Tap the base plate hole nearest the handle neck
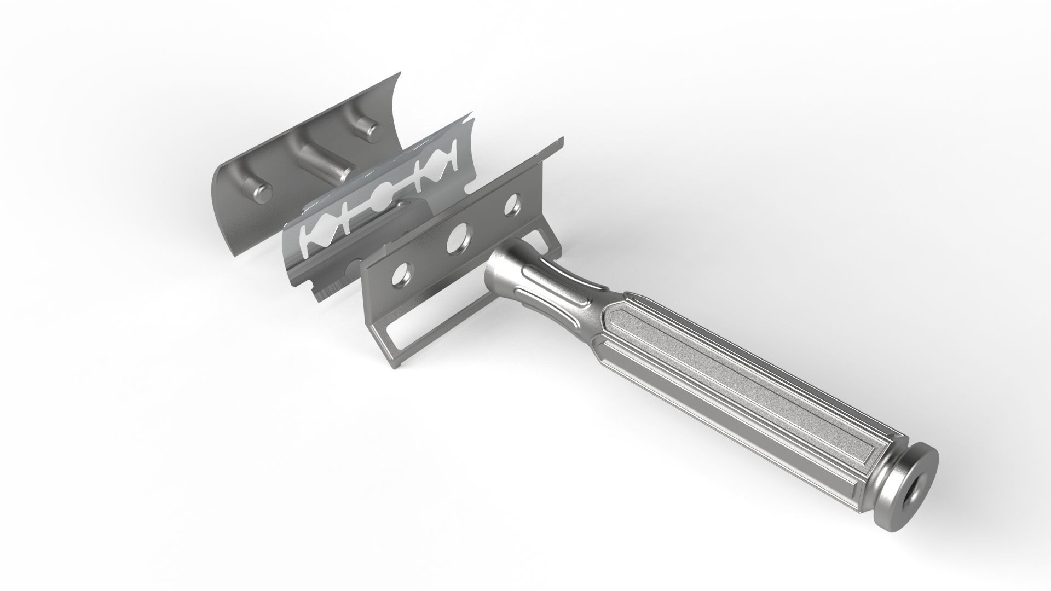point(512,205)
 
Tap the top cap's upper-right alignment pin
point(366,129)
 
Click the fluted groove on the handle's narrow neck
point(553,287)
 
